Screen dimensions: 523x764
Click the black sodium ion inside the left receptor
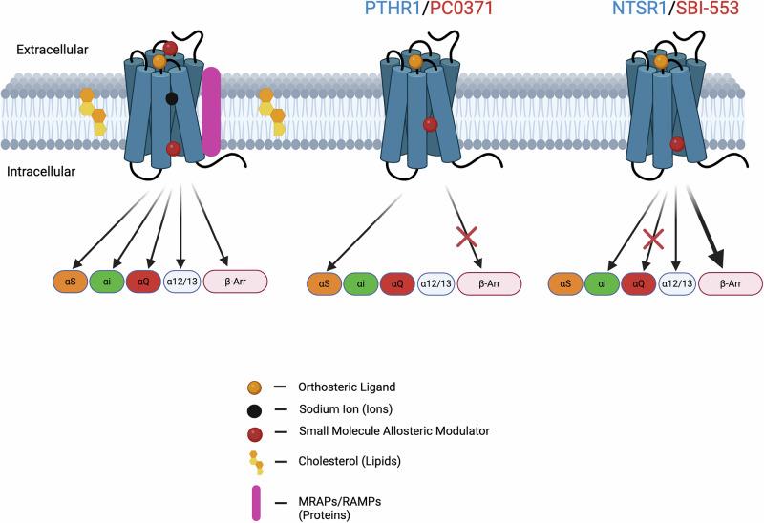click(172, 98)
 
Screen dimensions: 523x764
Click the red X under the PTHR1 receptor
click(468, 235)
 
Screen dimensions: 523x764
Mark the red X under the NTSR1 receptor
click(651, 236)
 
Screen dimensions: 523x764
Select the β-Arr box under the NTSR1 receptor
click(732, 282)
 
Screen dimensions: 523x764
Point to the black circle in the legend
click(254, 408)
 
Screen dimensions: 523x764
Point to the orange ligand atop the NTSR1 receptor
click(661, 62)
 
